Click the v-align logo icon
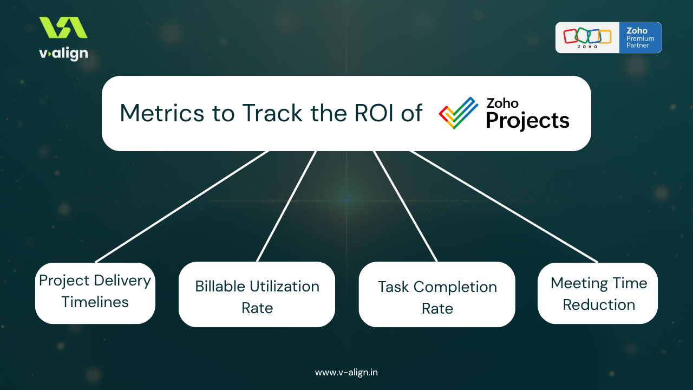[63, 28]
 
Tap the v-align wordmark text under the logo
[63, 54]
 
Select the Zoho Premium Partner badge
[609, 37]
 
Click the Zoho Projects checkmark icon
[458, 113]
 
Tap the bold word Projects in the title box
[527, 120]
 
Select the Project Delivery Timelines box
[95, 293]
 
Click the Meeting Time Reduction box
[598, 293]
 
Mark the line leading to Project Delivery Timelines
[181, 206]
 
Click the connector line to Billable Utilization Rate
[286, 206]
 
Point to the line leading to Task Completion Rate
[405, 206]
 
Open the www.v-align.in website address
[346, 373]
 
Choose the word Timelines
[95, 302]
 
